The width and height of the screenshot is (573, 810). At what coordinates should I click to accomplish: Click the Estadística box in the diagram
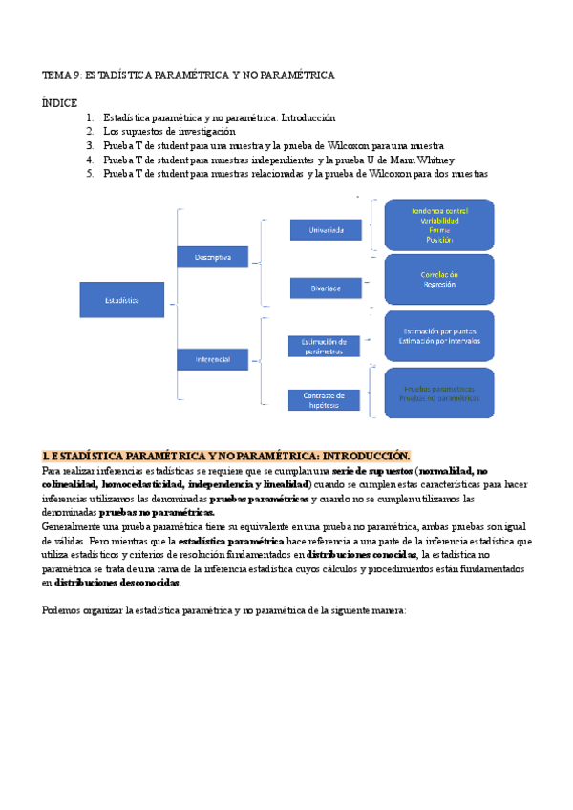[x=121, y=299]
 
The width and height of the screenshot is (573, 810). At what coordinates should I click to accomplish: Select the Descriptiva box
[x=212, y=257]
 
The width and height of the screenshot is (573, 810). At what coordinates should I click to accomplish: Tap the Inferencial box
[x=212, y=359]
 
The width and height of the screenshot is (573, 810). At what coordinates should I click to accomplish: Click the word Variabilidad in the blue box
[x=438, y=221]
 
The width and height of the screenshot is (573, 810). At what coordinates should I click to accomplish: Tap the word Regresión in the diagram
[x=438, y=284]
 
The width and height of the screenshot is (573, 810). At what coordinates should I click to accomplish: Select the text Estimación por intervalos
[x=439, y=340]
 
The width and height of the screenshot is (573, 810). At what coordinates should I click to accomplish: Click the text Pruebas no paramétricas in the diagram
[x=440, y=398]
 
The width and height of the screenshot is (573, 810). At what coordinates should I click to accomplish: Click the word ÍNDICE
[x=60, y=99]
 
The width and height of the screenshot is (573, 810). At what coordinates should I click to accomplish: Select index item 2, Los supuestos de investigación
[x=169, y=131]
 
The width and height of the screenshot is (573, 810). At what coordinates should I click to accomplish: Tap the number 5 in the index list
[x=89, y=174]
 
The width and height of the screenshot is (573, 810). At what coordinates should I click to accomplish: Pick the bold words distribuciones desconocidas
[x=117, y=583]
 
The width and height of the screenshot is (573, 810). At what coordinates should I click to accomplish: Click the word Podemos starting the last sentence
[x=64, y=612]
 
